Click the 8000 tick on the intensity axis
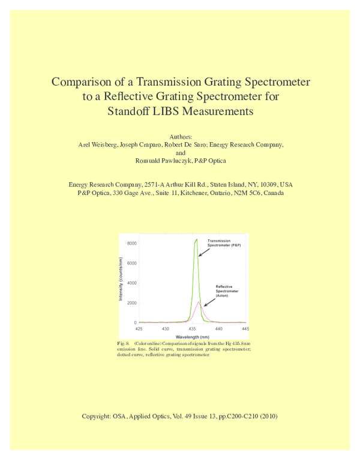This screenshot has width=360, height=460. [132, 243]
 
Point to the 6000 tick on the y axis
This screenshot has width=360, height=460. [132, 263]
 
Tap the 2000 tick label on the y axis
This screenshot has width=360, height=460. [132, 303]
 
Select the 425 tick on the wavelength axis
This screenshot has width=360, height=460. [139, 329]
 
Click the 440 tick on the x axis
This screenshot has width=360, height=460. [219, 329]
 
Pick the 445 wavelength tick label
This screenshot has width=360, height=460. [245, 329]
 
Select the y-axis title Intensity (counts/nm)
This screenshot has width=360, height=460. [121, 279]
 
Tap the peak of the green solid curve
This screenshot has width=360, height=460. [196, 239]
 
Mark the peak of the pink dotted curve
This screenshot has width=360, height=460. [199, 302]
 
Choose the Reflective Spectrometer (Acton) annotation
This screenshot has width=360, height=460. [227, 291]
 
